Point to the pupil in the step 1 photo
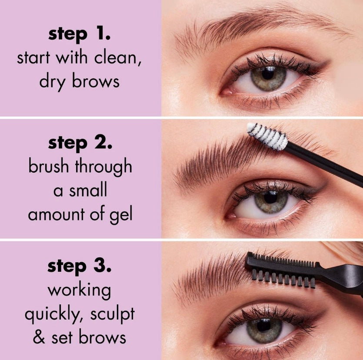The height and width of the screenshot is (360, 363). tap(268, 73)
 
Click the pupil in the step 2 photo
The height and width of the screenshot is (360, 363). tap(271, 198)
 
